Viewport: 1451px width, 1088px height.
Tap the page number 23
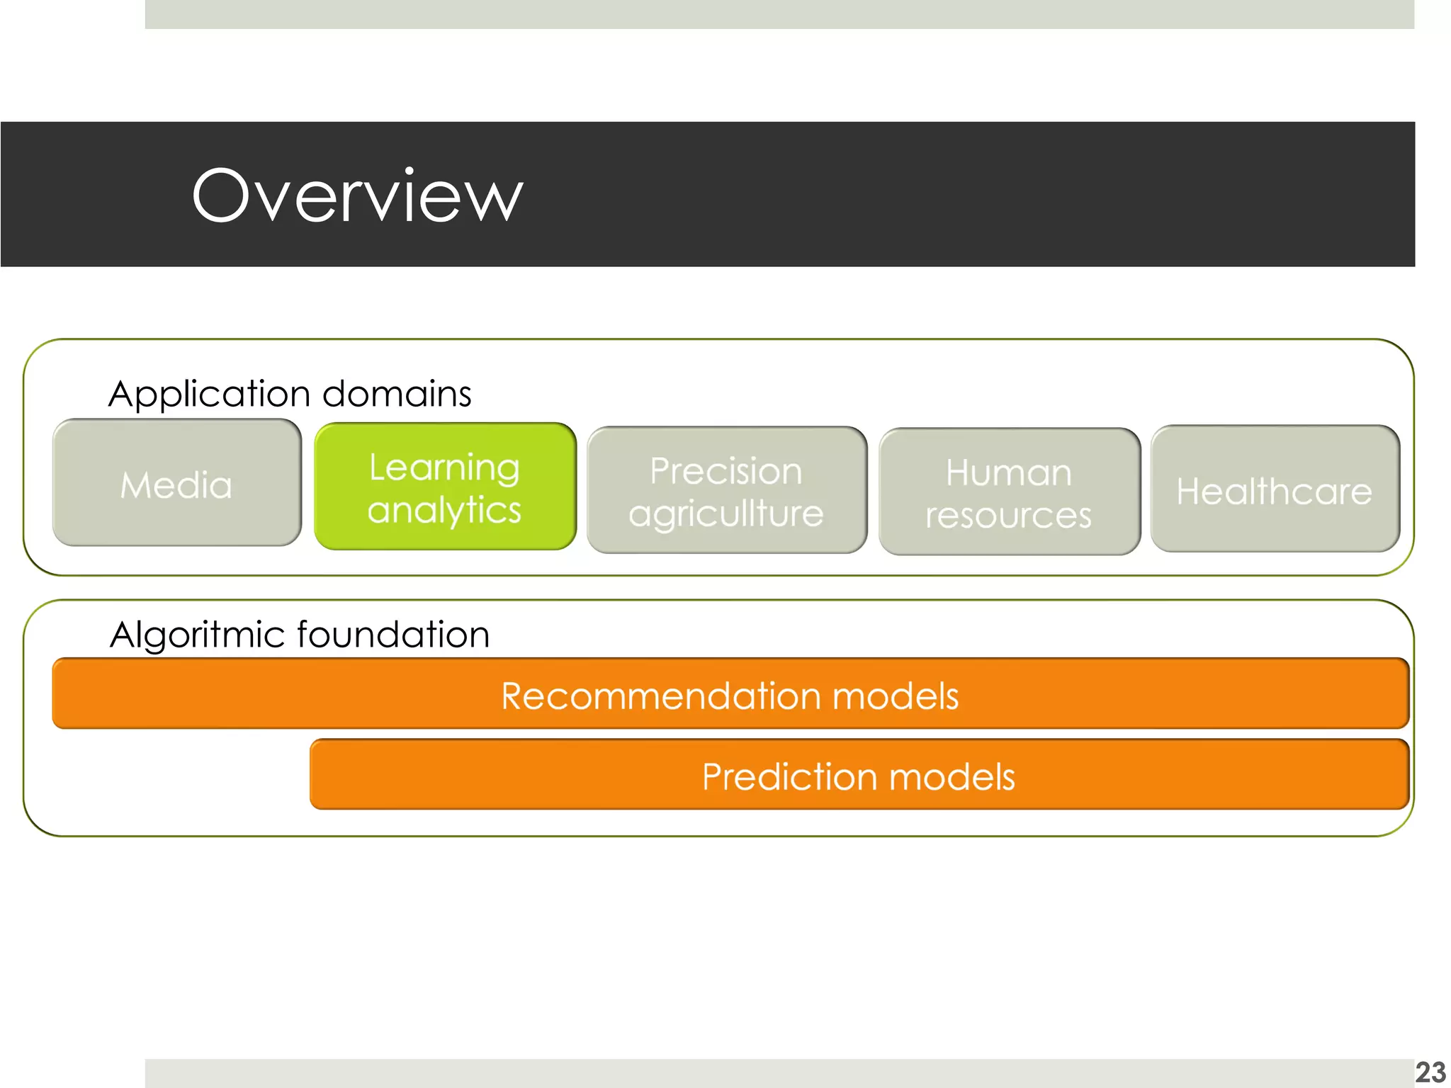1430,1072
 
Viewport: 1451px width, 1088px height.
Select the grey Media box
176,484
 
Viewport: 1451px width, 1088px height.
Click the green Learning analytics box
445,487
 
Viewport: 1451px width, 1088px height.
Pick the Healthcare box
1275,489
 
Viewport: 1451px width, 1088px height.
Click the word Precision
726,471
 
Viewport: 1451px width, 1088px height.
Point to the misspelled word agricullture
726,514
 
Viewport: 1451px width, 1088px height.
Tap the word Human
1008,472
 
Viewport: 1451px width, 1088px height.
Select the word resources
1008,516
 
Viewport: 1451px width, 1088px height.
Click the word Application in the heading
209,395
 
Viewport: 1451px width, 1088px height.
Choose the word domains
396,393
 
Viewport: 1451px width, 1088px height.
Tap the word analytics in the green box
444,511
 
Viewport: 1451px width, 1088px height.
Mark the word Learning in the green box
444,467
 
